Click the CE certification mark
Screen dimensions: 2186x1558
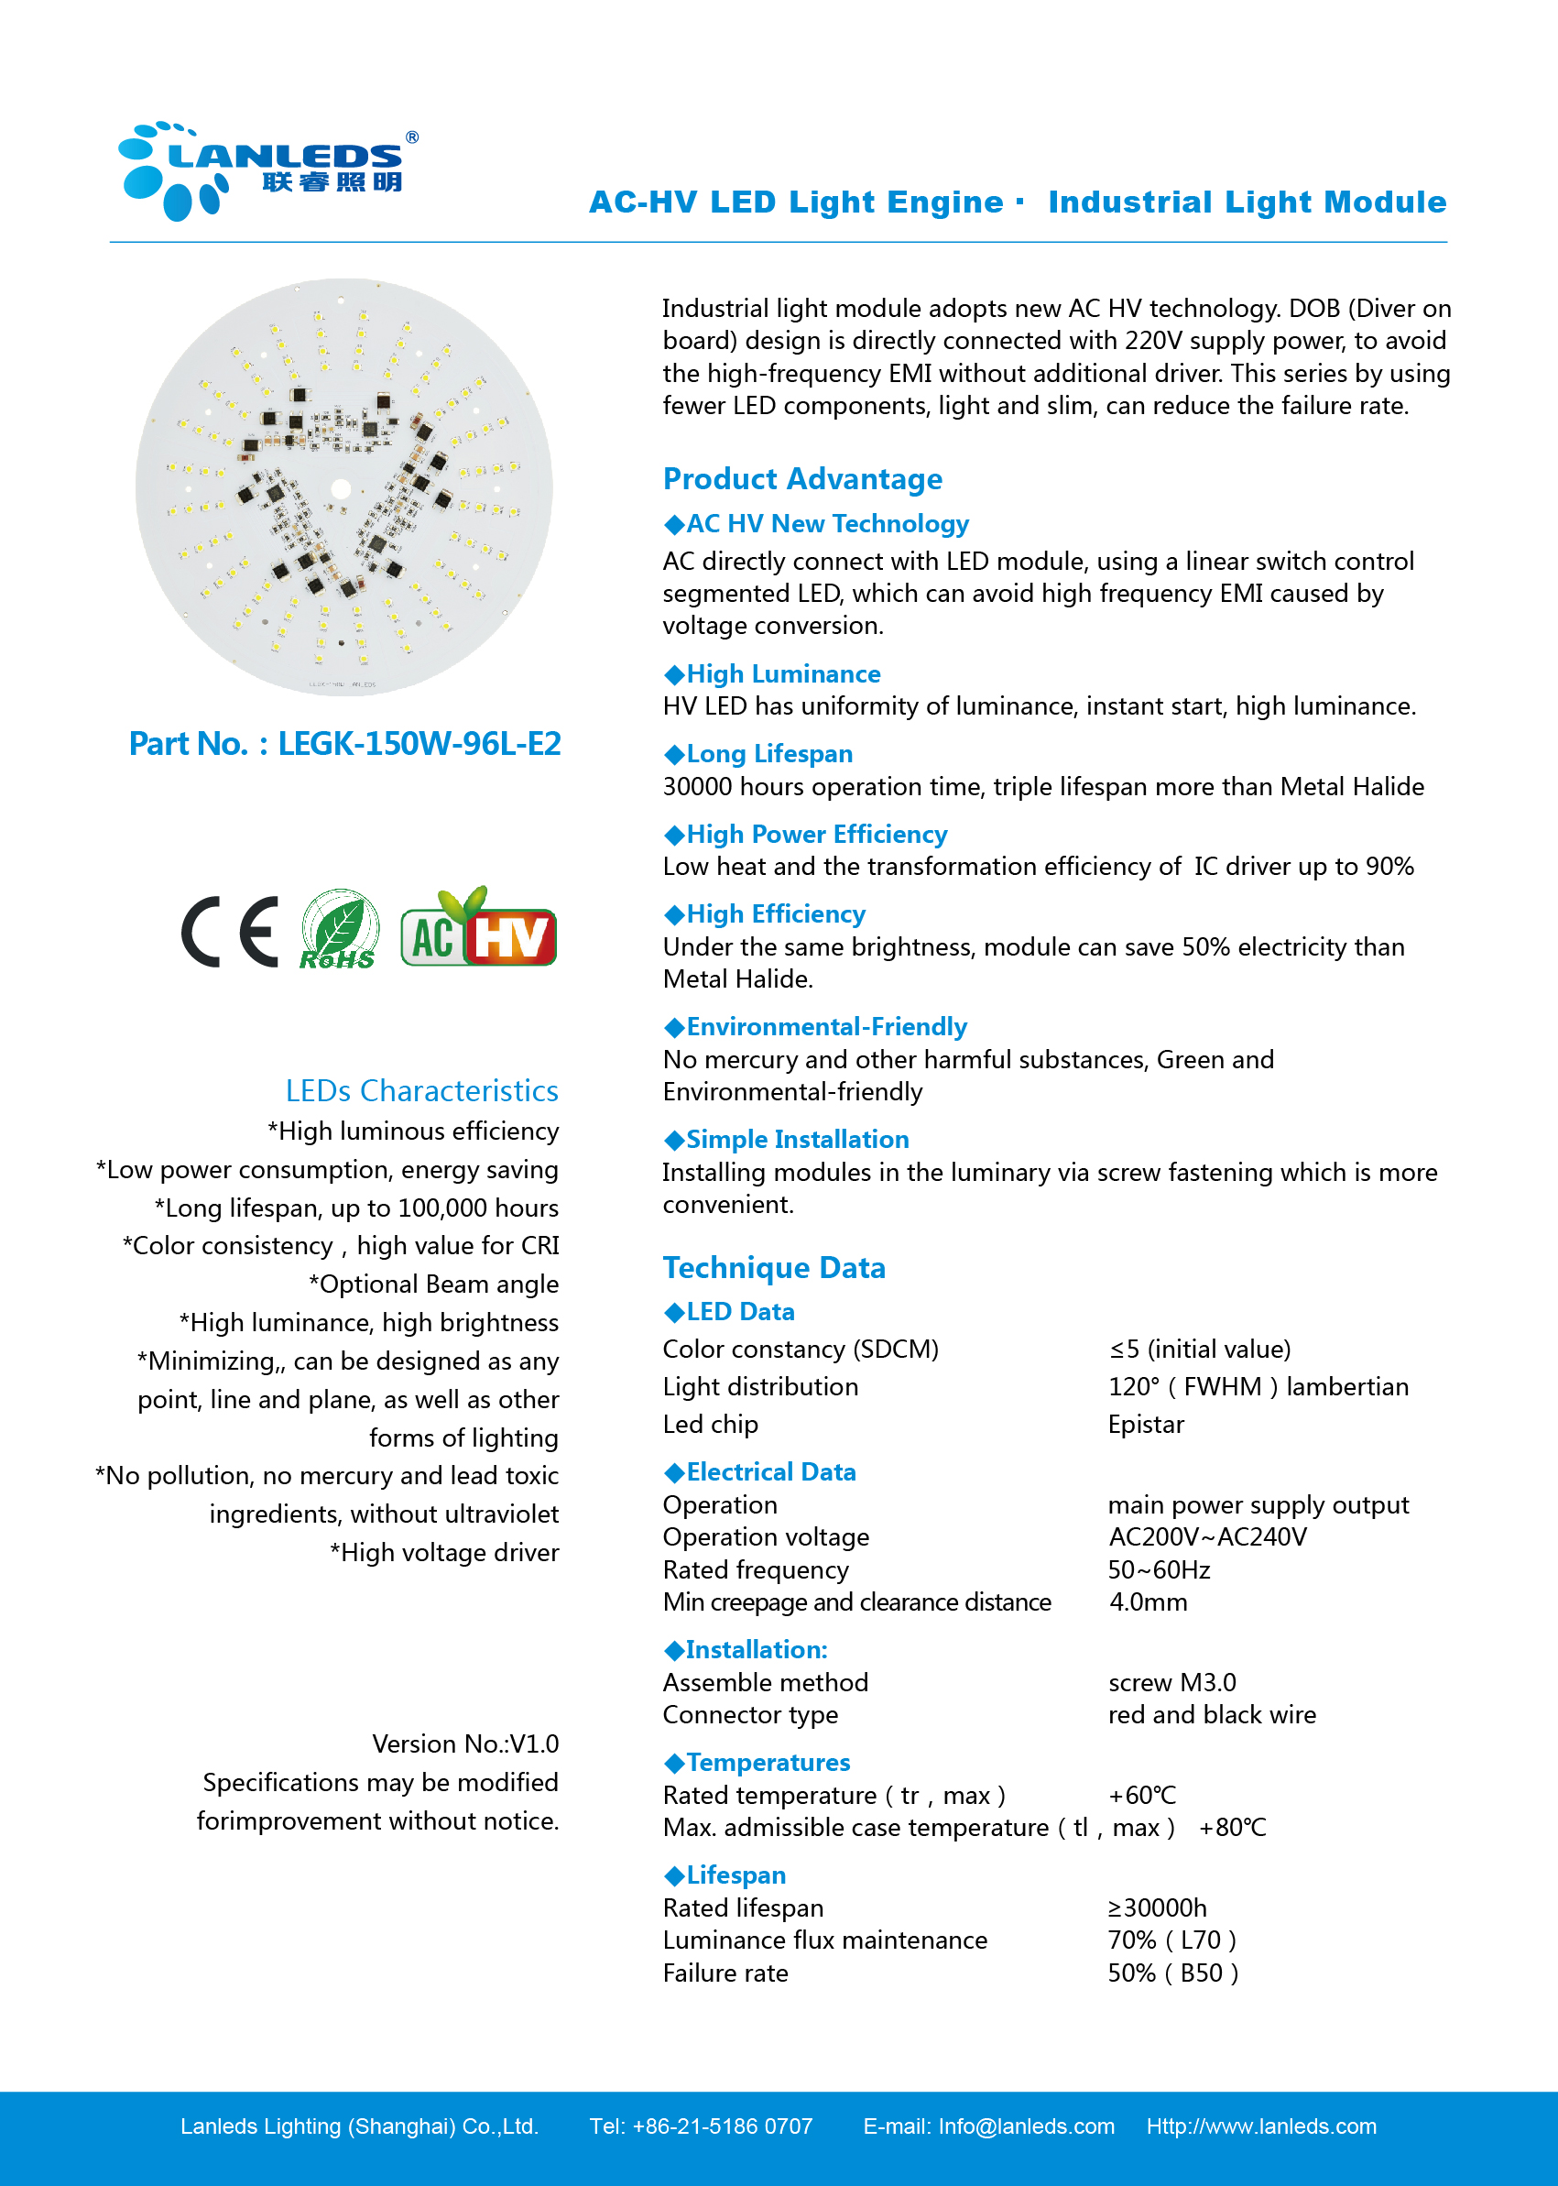click(230, 931)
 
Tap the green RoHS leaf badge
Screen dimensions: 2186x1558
click(339, 929)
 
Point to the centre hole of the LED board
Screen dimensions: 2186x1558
click(341, 488)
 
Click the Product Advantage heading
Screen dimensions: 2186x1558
click(802, 479)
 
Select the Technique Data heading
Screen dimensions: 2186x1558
click(773, 1268)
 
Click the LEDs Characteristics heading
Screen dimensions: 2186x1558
click(421, 1090)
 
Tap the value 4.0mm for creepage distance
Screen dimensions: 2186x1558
click(1148, 1601)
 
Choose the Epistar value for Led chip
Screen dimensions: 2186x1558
click(1146, 1424)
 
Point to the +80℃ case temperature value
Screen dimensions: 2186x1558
click(1232, 1827)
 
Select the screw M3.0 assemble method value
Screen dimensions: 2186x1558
click(1171, 1682)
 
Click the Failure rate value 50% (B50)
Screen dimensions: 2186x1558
click(1172, 1973)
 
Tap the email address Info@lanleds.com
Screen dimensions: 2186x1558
click(1026, 2126)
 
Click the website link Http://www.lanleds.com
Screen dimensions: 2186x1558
click(1260, 2126)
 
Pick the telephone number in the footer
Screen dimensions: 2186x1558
click(722, 2126)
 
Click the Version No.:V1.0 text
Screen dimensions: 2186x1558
click(464, 1743)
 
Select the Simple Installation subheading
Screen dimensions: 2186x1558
click(796, 1139)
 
